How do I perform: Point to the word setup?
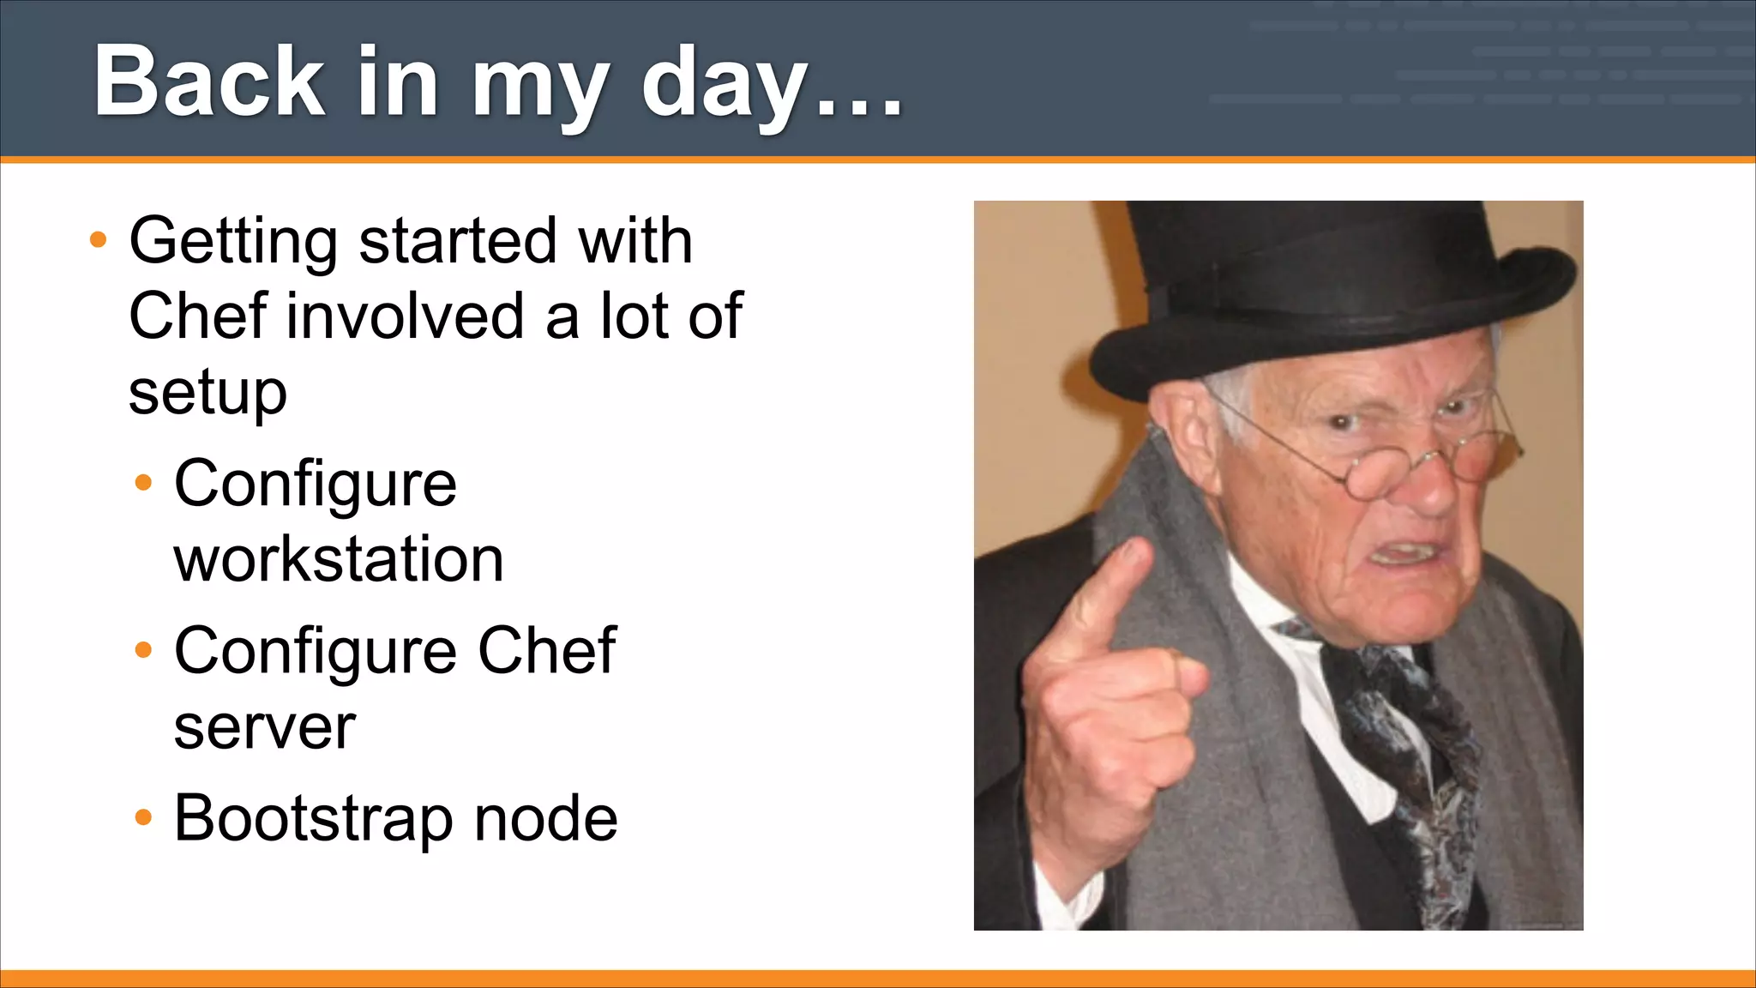[207, 393]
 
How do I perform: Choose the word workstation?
[339, 559]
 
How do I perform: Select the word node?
[545, 817]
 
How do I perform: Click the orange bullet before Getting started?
[99, 240]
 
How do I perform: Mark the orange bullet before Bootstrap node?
[143, 817]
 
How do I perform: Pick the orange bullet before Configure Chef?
[143, 650]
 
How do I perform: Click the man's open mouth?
[1406, 553]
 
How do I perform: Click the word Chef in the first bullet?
[197, 316]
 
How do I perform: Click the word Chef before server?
[546, 650]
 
